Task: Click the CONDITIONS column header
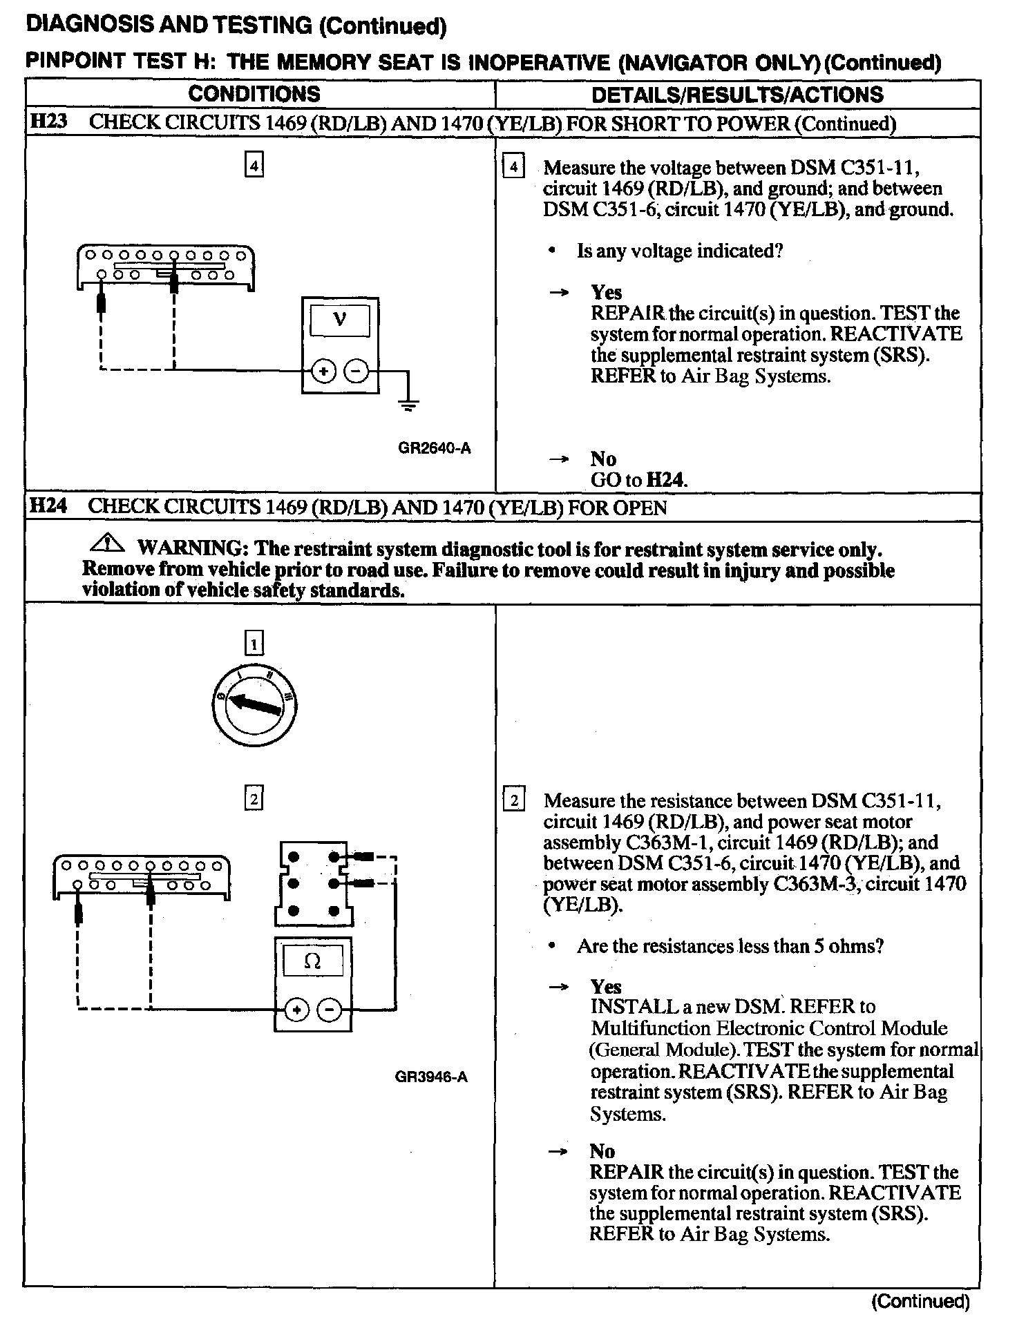[254, 94]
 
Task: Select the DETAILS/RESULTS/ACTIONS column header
[737, 95]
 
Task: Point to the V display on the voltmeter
[339, 320]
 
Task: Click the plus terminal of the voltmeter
[323, 372]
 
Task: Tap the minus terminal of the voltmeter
[356, 372]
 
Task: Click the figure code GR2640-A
[434, 448]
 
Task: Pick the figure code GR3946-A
[431, 1077]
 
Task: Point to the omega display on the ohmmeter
[312, 961]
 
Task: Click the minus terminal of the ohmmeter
[329, 1011]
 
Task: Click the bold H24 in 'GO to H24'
[665, 480]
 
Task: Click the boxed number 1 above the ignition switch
[254, 645]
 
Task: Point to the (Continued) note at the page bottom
[920, 1302]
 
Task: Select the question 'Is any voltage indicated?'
[680, 251]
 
